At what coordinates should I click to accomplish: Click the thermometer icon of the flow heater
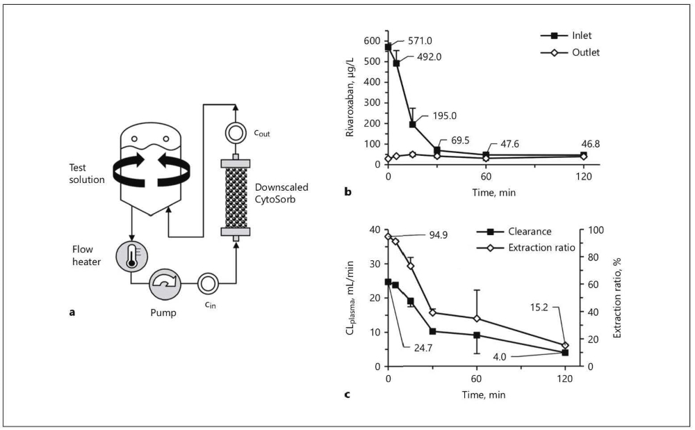pos(131,255)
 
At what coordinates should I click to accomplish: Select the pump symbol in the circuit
pos(165,283)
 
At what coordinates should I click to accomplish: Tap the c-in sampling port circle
pos(207,283)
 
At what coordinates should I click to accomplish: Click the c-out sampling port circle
pos(236,132)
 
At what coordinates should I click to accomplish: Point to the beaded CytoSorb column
pos(236,197)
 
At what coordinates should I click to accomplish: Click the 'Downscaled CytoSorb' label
pos(281,193)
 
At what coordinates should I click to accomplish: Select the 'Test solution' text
pos(87,173)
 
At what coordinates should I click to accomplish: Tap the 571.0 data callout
pos(420,41)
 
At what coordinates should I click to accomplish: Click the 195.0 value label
pos(445,116)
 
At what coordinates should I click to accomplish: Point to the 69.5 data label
pos(459,141)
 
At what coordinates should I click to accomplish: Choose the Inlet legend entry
pos(566,35)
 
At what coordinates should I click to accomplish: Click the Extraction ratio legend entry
pos(525,248)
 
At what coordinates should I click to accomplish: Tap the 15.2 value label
pos(539,307)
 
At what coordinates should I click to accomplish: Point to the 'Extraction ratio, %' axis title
pos(617,298)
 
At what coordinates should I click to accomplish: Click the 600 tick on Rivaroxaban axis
pos(372,41)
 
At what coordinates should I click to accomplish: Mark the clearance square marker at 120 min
pos(565,352)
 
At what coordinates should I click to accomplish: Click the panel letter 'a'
pos(72,312)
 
